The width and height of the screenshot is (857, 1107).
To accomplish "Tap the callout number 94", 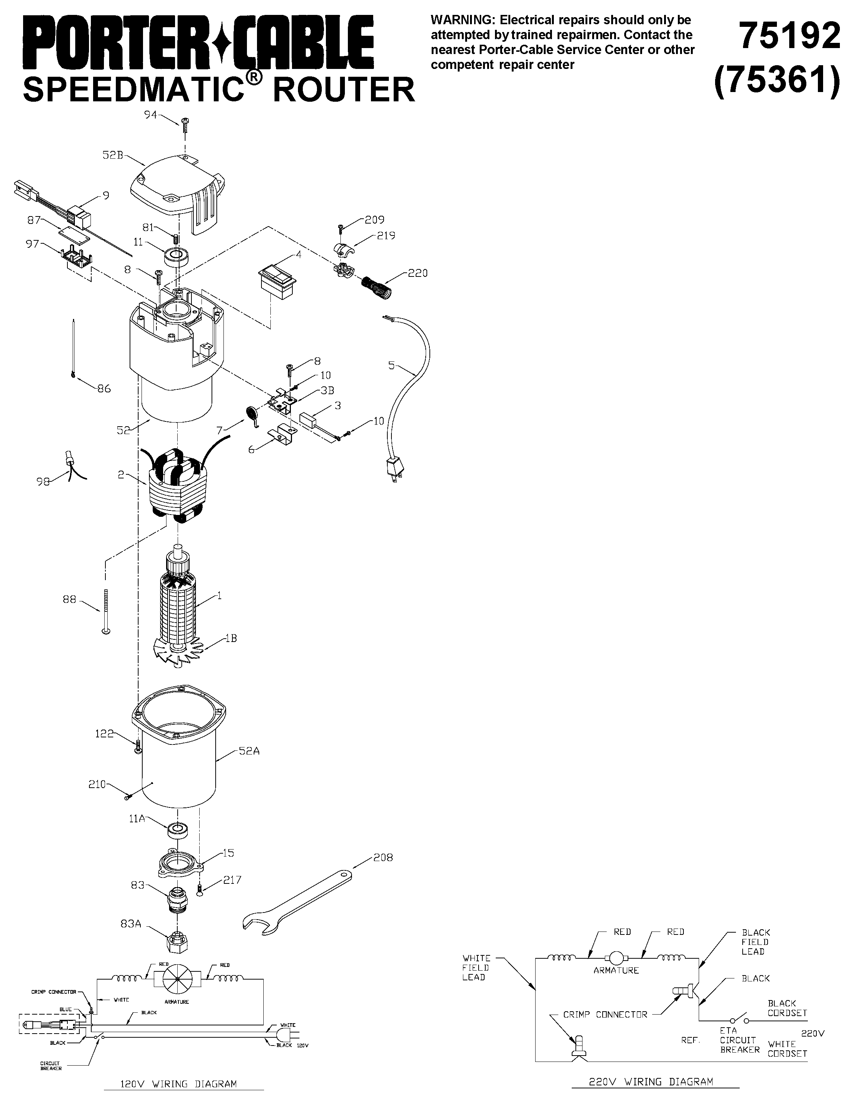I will [150, 115].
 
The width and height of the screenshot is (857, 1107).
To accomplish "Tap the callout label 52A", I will [249, 751].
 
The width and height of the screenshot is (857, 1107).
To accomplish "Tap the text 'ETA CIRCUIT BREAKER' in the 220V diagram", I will [739, 1040].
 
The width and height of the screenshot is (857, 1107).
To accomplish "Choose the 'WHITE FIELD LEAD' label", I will [476, 968].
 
